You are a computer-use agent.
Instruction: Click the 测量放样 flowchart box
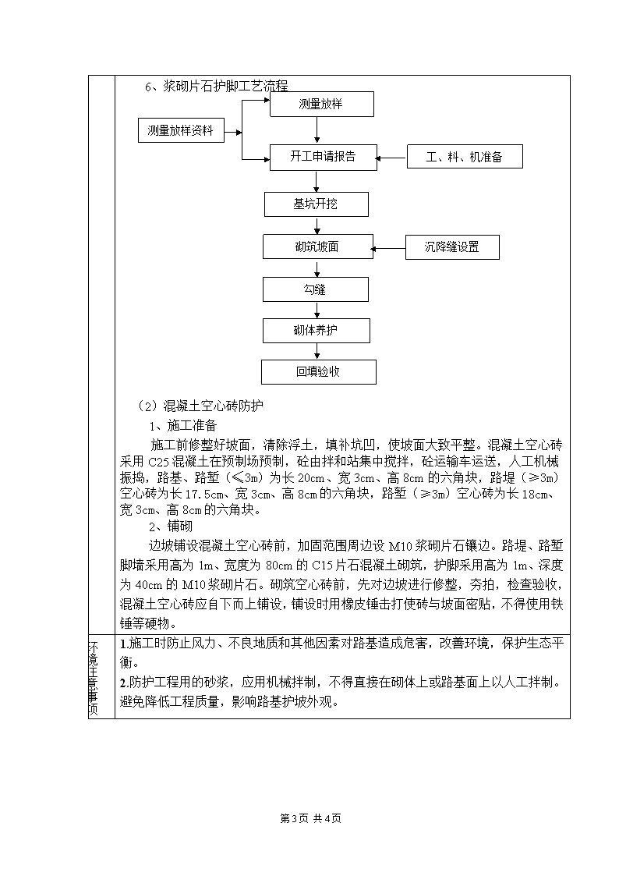pyautogui.click(x=321, y=105)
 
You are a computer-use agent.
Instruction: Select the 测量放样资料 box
pyautogui.click(x=181, y=130)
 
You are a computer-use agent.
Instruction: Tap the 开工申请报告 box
pyautogui.click(x=324, y=157)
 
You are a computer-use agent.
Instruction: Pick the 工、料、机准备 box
pyautogui.click(x=465, y=157)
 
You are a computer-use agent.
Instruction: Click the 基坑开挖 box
pyautogui.click(x=316, y=204)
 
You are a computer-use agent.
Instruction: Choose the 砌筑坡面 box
pyautogui.click(x=317, y=247)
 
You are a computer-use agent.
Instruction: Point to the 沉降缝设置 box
pyautogui.click(x=452, y=247)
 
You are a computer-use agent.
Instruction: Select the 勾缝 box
pyautogui.click(x=316, y=289)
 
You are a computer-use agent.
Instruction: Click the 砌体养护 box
pyautogui.click(x=316, y=331)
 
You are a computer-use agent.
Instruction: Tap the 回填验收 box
pyautogui.click(x=319, y=372)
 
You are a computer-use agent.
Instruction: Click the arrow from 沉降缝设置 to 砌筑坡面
pyautogui.click(x=388, y=249)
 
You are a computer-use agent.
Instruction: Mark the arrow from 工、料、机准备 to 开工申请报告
pyautogui.click(x=391, y=158)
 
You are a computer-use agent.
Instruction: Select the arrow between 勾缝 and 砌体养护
pyautogui.click(x=317, y=310)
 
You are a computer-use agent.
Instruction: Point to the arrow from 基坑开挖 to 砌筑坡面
pyautogui.click(x=317, y=225)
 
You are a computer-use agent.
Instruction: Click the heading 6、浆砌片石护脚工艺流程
pyautogui.click(x=217, y=86)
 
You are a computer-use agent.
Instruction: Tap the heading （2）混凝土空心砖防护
pyautogui.click(x=200, y=406)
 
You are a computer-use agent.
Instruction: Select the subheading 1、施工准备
pyautogui.click(x=183, y=426)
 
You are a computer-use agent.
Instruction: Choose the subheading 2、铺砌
pyautogui.click(x=171, y=527)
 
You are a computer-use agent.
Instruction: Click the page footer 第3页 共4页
pyautogui.click(x=310, y=818)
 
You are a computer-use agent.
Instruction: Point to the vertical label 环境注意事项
pyautogui.click(x=94, y=678)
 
